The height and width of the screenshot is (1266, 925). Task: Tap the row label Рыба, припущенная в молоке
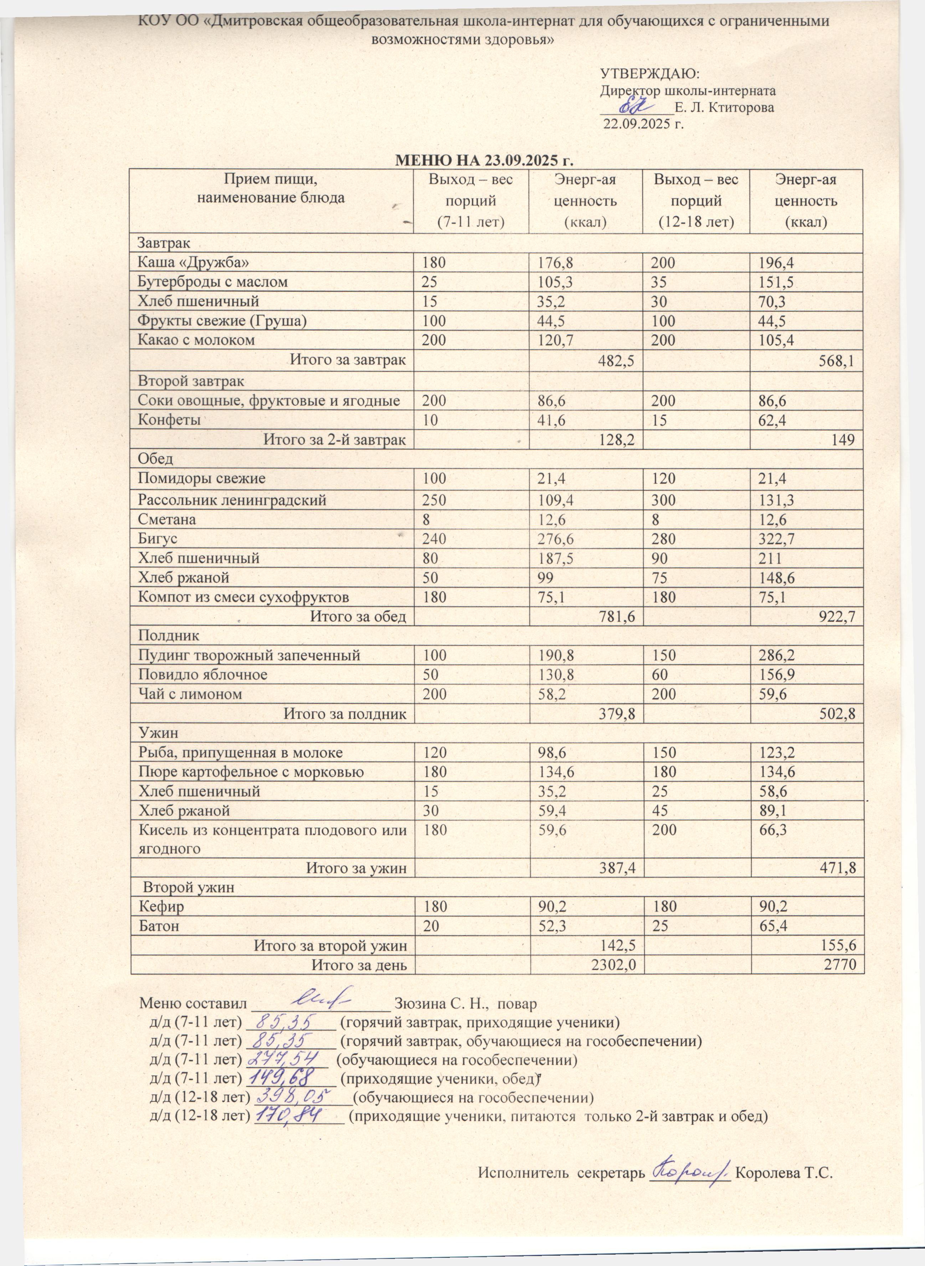tap(241, 752)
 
